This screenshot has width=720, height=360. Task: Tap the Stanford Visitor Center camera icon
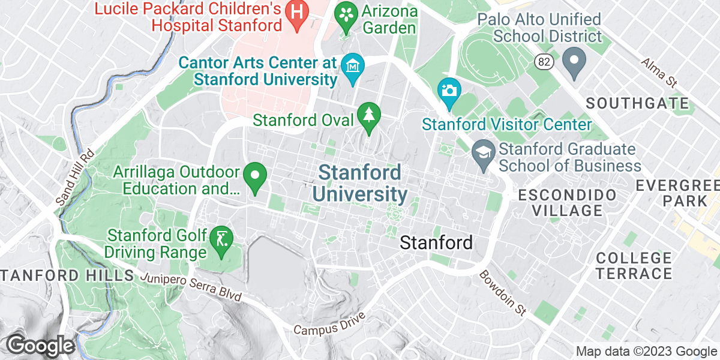pyautogui.click(x=448, y=91)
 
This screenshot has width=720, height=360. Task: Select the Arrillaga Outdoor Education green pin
pyautogui.click(x=256, y=176)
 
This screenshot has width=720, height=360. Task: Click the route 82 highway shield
pyautogui.click(x=542, y=61)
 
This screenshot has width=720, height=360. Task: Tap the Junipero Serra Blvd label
pyautogui.click(x=191, y=287)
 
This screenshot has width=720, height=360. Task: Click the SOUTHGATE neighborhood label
pyautogui.click(x=637, y=103)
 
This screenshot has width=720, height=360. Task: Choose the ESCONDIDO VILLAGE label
pyautogui.click(x=567, y=202)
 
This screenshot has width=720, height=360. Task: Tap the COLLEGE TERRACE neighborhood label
pyautogui.click(x=634, y=266)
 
